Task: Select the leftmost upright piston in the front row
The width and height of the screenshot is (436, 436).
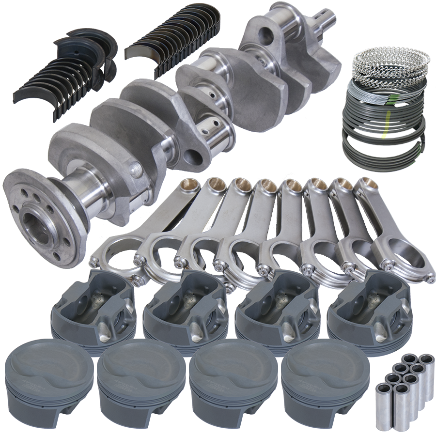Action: [48, 383]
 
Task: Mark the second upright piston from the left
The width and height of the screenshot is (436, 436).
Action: [141, 383]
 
